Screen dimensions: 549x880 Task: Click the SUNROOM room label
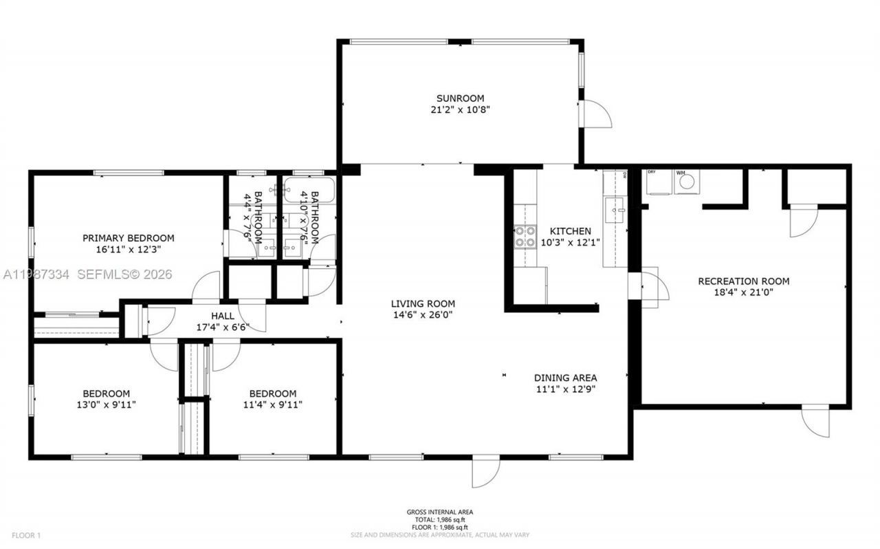460,98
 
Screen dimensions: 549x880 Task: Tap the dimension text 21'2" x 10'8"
460,109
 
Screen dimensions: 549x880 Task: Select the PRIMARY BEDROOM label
129,238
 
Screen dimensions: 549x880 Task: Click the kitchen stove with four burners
525,237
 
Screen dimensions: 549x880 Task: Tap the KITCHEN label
570,231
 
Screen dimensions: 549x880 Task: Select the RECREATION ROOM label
743,281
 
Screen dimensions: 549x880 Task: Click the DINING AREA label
565,378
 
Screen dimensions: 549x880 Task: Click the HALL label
222,316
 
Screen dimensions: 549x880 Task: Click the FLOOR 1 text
26,535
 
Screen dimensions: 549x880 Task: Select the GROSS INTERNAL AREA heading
439,512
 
